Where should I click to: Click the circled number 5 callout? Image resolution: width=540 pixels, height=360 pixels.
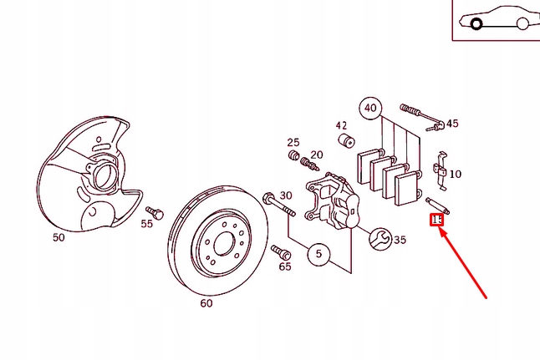coord(318,254)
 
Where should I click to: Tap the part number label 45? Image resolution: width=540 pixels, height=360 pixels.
coord(452,124)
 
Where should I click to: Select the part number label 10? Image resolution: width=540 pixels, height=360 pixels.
coord(455,174)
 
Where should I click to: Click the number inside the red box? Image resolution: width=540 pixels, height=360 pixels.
coord(436,220)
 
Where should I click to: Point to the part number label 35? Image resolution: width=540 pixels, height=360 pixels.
coord(400,240)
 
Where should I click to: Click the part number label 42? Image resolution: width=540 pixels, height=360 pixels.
coord(341,125)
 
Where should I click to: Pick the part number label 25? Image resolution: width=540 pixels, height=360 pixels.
coord(293,142)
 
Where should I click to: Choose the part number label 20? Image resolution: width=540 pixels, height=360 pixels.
coord(316,155)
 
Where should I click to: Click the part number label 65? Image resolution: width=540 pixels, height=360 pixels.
coord(285,266)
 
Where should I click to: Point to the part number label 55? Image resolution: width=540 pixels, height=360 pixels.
coord(146,223)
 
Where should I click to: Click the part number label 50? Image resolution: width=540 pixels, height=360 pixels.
coord(59,237)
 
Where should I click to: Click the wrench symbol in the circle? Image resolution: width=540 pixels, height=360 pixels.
coord(380,239)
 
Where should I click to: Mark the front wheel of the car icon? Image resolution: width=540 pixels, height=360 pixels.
coord(476,24)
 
